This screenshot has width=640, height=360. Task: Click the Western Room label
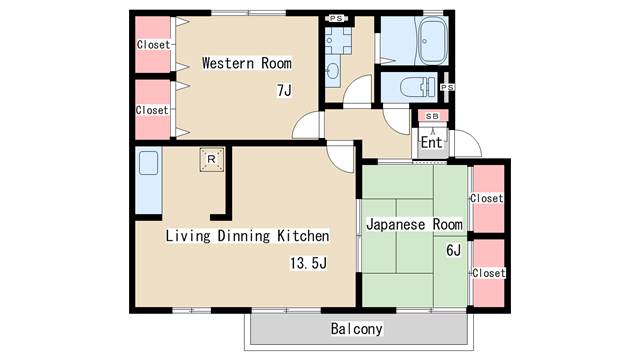(x=247, y=63)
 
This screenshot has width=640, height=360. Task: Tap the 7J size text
(x=284, y=90)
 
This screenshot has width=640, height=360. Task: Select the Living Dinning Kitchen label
(x=247, y=236)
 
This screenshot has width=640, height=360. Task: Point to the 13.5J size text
(x=309, y=263)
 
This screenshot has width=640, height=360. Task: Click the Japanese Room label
(x=414, y=224)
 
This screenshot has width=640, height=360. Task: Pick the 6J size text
(x=453, y=250)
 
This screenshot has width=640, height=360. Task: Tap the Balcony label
(x=357, y=329)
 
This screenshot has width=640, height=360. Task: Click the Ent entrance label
(x=432, y=142)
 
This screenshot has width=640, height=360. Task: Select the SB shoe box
(x=433, y=116)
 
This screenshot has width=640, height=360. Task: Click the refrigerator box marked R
(x=211, y=159)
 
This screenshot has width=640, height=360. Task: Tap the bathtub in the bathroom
(x=433, y=42)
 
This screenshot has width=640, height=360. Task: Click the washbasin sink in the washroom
(x=332, y=72)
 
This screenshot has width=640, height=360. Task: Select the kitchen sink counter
(x=149, y=180)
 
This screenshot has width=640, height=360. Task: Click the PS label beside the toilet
(x=447, y=87)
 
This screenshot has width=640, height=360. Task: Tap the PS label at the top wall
(x=336, y=18)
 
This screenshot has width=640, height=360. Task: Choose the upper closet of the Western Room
(x=153, y=44)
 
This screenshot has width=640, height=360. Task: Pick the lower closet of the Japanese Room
(x=489, y=273)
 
